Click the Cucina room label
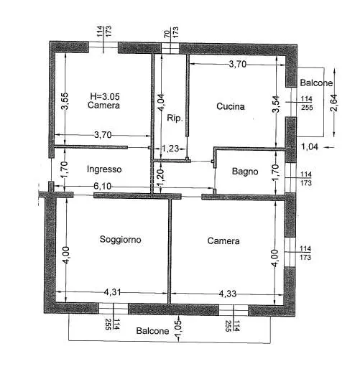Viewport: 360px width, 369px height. click(231, 106)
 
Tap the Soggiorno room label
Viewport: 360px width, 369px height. click(120, 240)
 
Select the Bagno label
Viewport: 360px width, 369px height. click(245, 172)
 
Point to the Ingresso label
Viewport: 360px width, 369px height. click(104, 169)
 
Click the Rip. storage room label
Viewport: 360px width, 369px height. click(175, 118)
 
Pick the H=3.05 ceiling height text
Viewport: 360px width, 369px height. click(105, 96)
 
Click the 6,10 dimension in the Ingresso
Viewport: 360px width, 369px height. click(103, 186)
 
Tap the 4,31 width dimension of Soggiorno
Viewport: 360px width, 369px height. click(112, 292)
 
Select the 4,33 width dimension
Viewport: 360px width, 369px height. click(228, 294)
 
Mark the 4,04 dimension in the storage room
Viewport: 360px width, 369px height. click(161, 102)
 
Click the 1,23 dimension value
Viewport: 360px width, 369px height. click(170, 149)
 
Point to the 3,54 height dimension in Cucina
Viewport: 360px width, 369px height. click(276, 104)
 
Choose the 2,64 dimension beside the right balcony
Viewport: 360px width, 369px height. click(333, 103)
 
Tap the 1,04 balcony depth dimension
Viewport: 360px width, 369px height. click(310, 146)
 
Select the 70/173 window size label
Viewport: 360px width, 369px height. click(171, 32)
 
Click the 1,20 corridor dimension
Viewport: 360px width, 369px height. click(161, 177)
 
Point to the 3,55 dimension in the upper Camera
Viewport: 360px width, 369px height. click(65, 101)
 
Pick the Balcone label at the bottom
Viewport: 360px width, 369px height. click(152, 331)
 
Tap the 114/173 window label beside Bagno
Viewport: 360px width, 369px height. click(306, 179)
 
